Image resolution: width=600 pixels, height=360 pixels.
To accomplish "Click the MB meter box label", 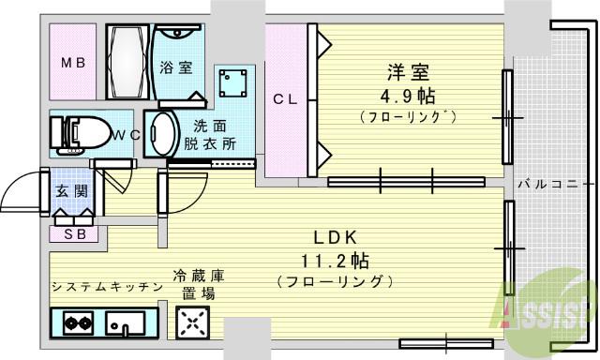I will pos(73,65).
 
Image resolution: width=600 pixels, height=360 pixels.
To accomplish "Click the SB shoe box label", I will pos(74,234).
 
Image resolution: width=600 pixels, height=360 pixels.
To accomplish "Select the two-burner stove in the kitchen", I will pos(77,324).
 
